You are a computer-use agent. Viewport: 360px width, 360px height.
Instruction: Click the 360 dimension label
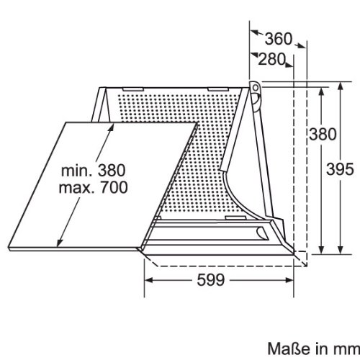279,39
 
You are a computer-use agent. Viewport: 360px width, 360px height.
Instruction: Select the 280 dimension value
272,59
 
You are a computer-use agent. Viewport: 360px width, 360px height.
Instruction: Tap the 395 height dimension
340,169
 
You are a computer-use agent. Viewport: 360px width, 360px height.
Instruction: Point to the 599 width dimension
211,279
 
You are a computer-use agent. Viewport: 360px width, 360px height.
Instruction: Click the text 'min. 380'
94,171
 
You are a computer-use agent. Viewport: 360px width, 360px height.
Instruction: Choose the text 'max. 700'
94,187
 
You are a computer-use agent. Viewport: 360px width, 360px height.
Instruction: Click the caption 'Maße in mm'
313,348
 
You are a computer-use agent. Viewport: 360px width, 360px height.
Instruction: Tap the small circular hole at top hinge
256,88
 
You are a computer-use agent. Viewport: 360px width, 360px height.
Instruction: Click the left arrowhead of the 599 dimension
149,280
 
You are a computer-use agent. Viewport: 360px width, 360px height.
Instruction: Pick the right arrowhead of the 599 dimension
289,280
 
